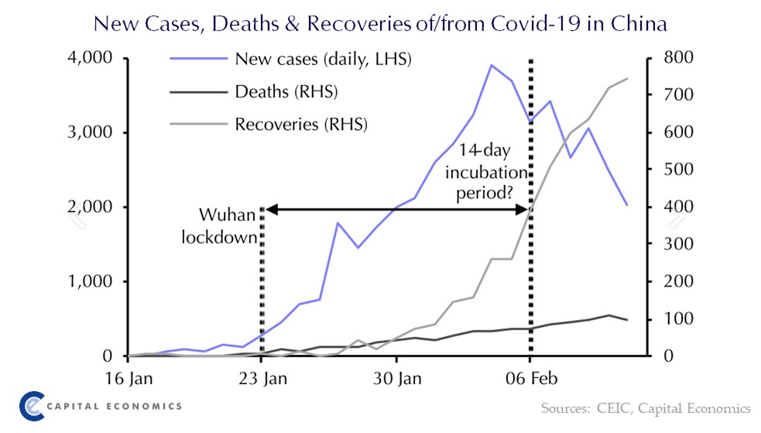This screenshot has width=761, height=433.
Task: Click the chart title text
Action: point(379,23)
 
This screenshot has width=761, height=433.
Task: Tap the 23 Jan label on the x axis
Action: point(262,380)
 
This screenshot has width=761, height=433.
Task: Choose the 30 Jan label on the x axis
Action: point(396,380)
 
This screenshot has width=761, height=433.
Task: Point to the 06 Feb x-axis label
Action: point(530,380)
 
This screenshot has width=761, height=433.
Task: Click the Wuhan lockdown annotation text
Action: point(220,225)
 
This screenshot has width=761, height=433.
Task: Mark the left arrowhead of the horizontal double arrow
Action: point(269,208)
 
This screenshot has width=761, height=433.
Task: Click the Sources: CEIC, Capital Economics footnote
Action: point(645,407)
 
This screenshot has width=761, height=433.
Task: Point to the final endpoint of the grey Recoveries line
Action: point(627,78)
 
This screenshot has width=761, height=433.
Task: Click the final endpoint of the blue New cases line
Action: point(627,205)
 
